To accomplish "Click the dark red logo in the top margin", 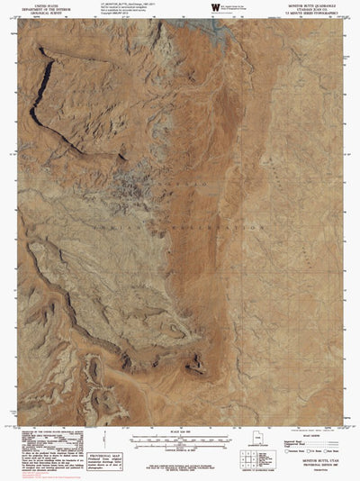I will (x=215, y=7).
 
